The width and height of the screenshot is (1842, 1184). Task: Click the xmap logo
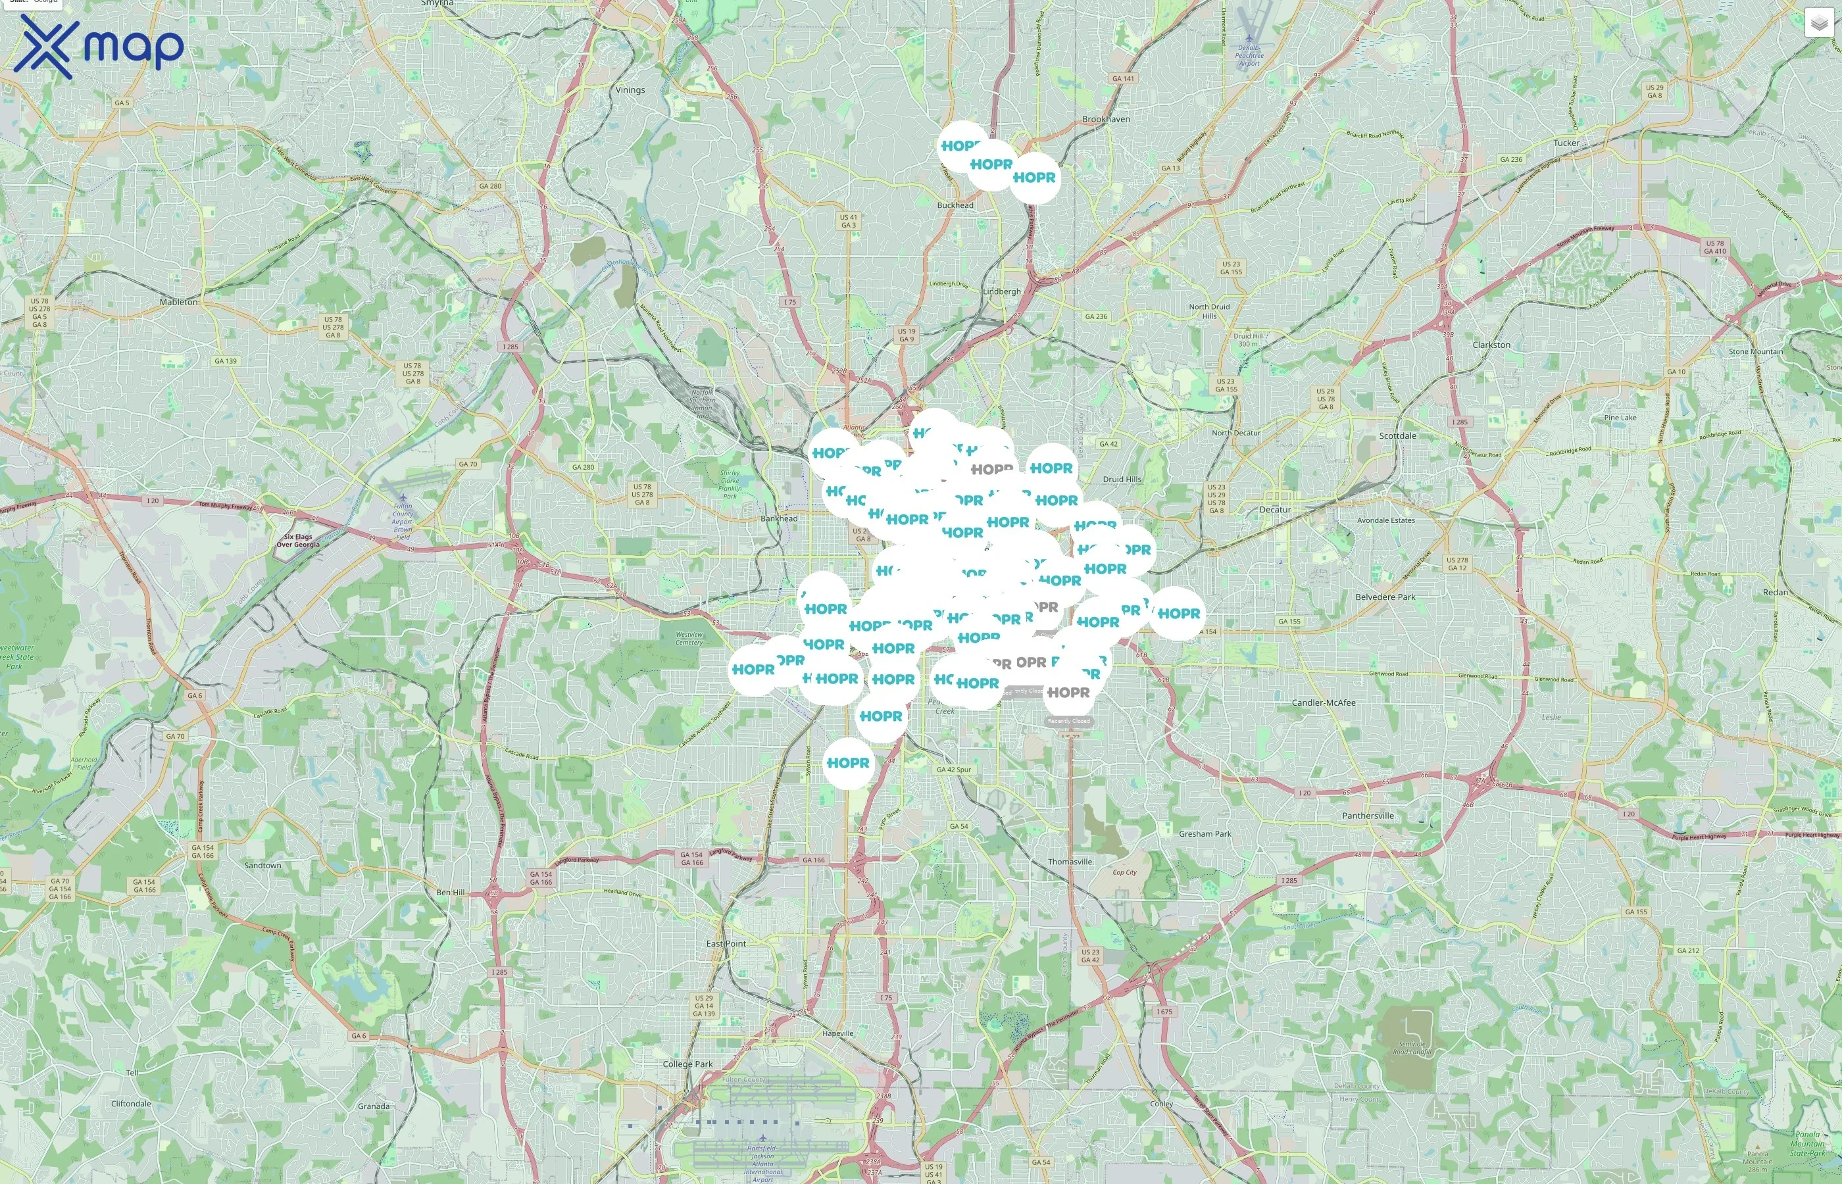99,46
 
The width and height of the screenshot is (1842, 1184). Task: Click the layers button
1819,23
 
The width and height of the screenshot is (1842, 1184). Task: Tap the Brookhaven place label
1105,119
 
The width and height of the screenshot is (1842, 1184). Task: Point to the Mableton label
178,302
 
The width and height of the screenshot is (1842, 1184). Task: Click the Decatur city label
1275,510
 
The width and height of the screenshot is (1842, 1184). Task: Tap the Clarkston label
1491,345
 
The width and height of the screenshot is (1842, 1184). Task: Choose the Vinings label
630,90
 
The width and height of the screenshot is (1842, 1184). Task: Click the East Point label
726,943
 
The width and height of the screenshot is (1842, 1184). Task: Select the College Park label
687,1064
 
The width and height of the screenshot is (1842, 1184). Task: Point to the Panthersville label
1368,816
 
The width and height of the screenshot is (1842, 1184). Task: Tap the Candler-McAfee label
1323,703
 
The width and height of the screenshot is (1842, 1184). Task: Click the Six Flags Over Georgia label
297,541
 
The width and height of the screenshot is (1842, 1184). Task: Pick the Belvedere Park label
1385,597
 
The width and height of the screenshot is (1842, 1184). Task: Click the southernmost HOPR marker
849,762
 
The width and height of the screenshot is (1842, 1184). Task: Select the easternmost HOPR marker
1178,614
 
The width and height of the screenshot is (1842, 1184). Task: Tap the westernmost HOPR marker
753,670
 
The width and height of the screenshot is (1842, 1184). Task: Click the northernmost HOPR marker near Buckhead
962,146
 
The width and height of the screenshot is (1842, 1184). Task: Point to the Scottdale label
1397,436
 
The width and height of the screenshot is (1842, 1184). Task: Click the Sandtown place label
262,866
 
